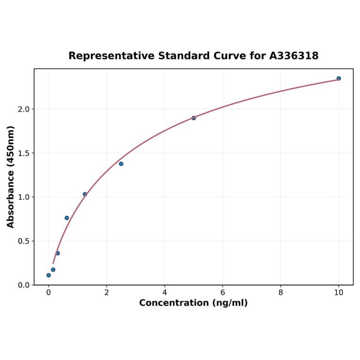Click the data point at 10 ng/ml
coord(339,78)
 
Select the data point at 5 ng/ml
coord(194,118)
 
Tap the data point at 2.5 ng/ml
coord(121,164)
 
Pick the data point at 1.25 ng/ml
coord(85,194)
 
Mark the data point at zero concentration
coord(49,275)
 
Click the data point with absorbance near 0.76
coord(67,218)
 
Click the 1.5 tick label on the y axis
coord(24,153)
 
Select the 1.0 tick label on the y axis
coord(24,197)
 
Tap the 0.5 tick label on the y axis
coord(24,241)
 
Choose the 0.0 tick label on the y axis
coord(24,285)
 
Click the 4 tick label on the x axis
coord(164,293)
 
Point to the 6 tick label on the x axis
coord(222,293)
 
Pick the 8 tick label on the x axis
coord(281,293)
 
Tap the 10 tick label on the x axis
coord(339,293)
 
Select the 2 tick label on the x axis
coord(106,293)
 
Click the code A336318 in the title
coord(294,56)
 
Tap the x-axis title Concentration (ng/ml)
coord(193,303)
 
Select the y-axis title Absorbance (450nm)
coord(11,177)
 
